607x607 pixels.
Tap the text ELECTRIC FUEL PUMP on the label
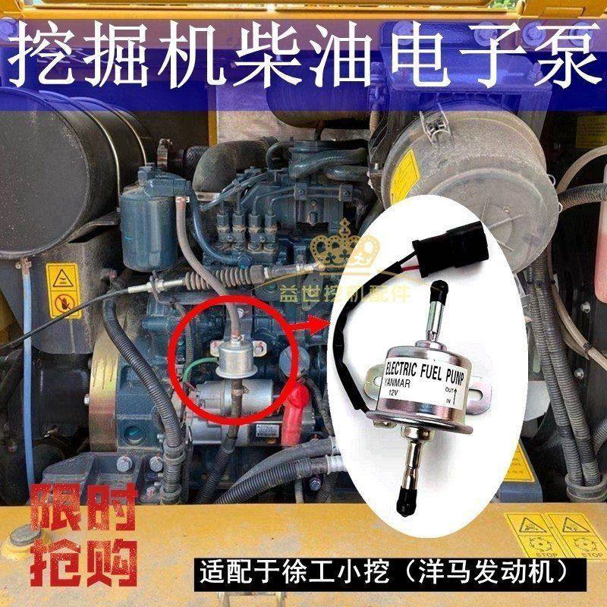425,371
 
